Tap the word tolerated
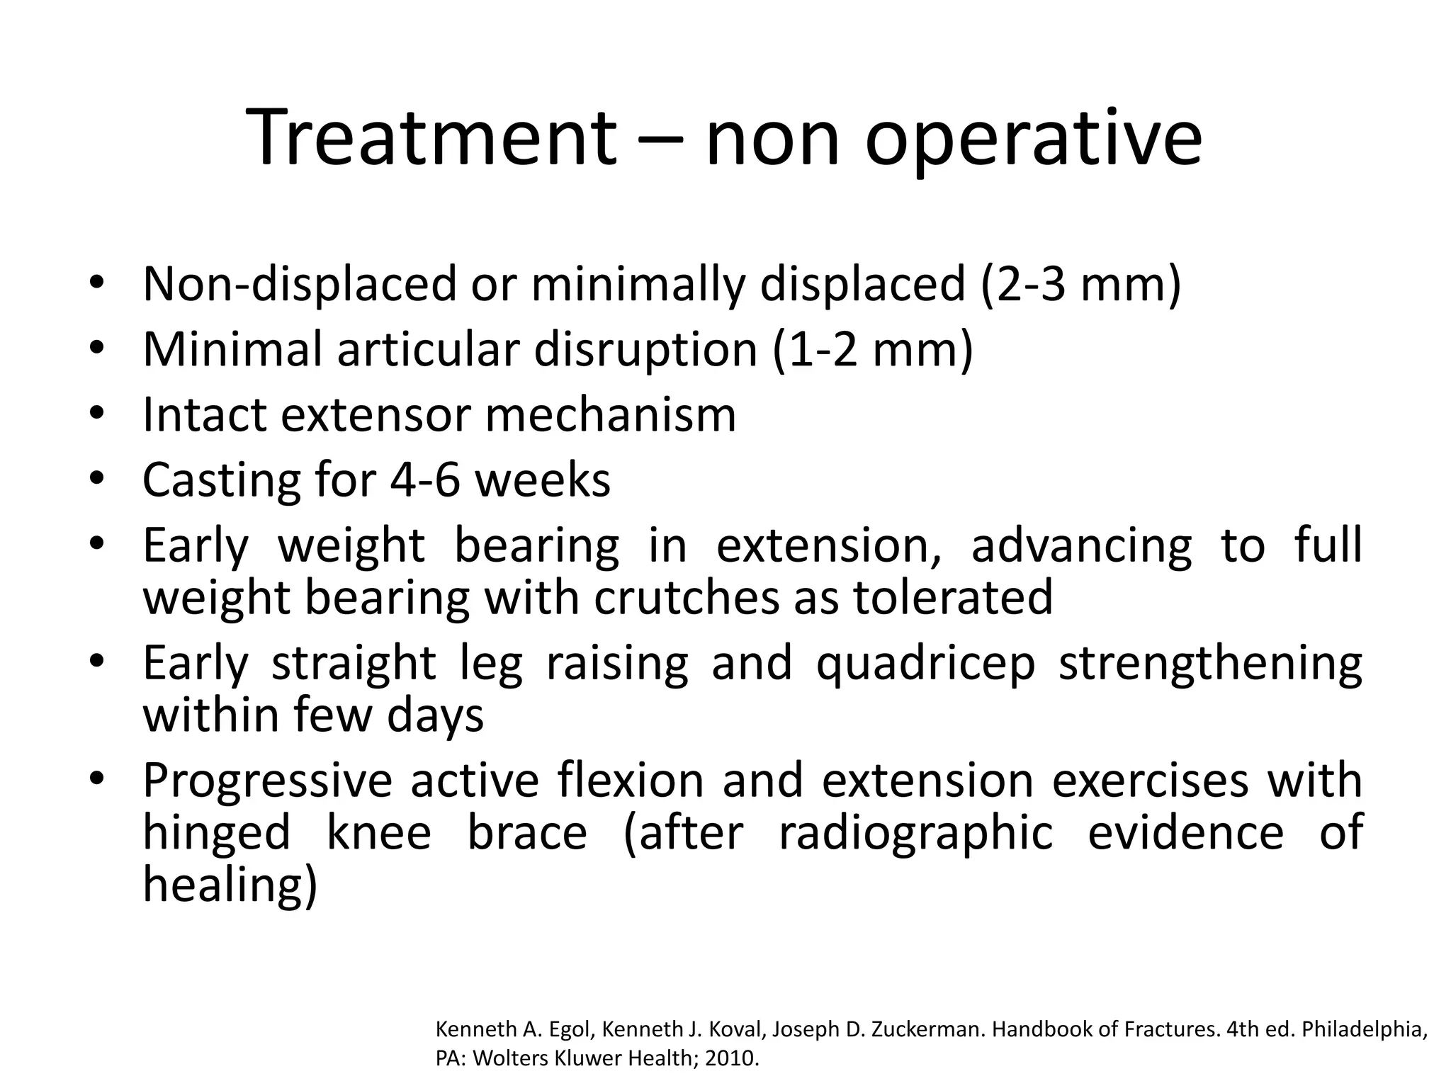coord(953,597)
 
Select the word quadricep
coord(925,664)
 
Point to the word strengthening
coord(1210,664)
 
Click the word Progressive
coord(267,781)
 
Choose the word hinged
coord(216,833)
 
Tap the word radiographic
coord(915,833)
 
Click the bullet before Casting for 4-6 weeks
coord(97,479)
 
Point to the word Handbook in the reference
coord(1042,1028)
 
